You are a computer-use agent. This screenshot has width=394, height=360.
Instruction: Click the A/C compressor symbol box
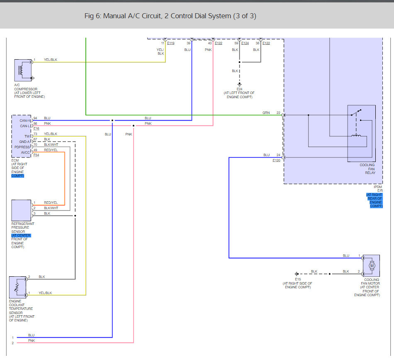tap(23, 70)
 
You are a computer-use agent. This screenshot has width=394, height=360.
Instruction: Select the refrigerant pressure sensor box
tap(21, 210)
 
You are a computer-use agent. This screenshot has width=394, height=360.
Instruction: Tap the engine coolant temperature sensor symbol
tap(17, 287)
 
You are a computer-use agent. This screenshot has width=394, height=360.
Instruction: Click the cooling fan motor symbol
tap(371, 266)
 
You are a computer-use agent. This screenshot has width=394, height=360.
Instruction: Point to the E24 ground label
tap(239, 89)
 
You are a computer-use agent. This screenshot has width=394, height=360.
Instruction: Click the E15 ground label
tap(298, 279)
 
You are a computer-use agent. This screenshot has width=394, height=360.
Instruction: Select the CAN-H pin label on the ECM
tap(24, 121)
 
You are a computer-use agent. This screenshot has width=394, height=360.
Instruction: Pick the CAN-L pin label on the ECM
tap(25, 126)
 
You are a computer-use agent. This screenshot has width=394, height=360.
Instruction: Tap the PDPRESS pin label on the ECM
tap(22, 147)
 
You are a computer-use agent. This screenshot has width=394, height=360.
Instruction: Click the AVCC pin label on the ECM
tap(25, 152)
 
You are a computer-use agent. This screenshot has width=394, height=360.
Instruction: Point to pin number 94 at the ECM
tap(35, 118)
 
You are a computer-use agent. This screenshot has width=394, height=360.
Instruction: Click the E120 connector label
tap(276, 160)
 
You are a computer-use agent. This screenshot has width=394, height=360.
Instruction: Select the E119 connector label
tap(170, 43)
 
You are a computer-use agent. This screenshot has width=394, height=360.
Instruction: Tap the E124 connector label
tap(245, 43)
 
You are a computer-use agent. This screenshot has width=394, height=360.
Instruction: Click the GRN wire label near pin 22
tap(266, 113)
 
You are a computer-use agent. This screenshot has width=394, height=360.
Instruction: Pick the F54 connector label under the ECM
tap(36, 155)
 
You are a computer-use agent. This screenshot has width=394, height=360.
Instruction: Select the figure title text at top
tap(170, 16)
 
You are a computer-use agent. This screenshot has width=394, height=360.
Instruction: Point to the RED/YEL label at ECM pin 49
tap(51, 150)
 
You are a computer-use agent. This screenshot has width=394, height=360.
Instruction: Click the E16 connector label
tap(36, 128)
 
